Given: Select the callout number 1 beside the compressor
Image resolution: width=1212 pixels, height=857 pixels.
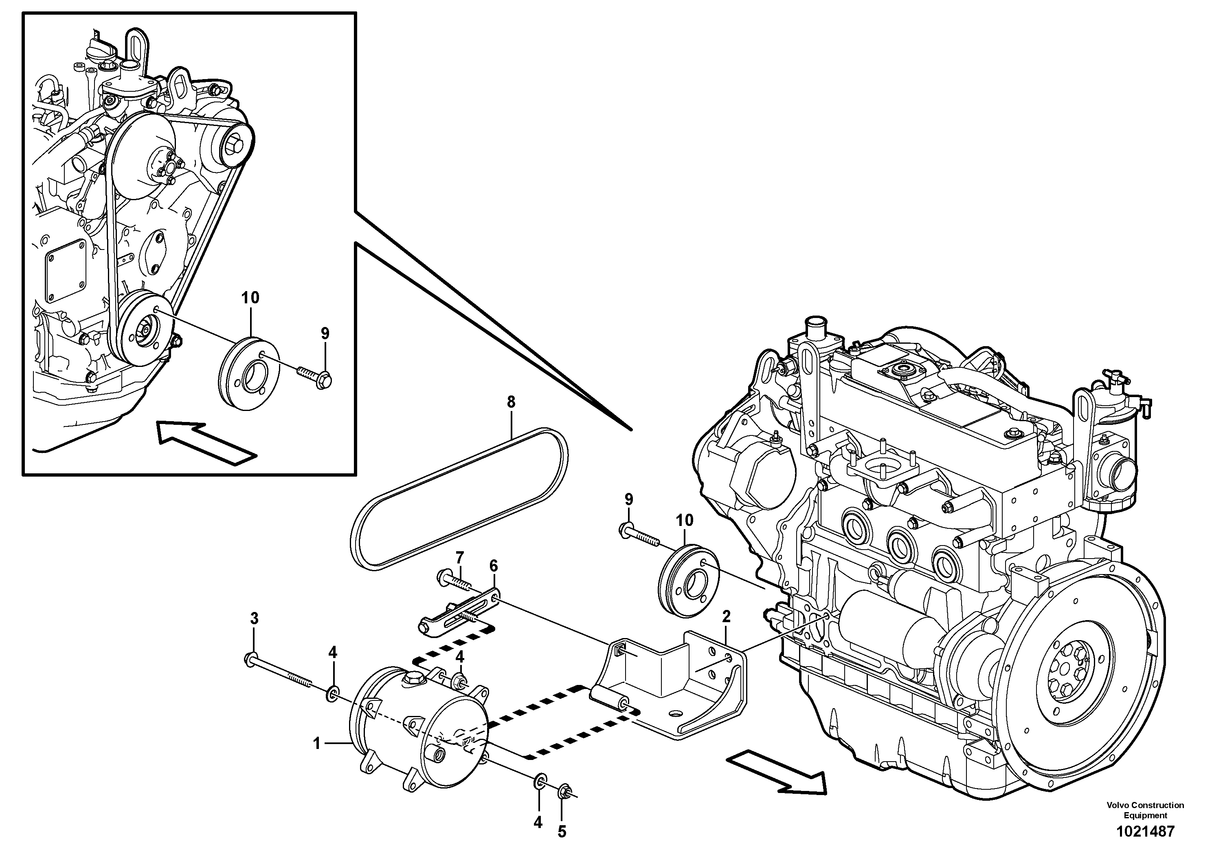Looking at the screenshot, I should pyautogui.click(x=317, y=744).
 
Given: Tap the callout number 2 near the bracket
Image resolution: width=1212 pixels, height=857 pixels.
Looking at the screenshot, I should pyautogui.click(x=727, y=616).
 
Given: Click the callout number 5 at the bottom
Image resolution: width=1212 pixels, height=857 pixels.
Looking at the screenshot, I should pyautogui.click(x=562, y=832).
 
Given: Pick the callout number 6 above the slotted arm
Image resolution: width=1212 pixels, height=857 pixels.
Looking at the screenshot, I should pyautogui.click(x=494, y=566).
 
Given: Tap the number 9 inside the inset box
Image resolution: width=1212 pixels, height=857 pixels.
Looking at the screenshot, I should pyautogui.click(x=325, y=334).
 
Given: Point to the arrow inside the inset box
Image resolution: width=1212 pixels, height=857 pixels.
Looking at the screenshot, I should pyautogui.click(x=206, y=443).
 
